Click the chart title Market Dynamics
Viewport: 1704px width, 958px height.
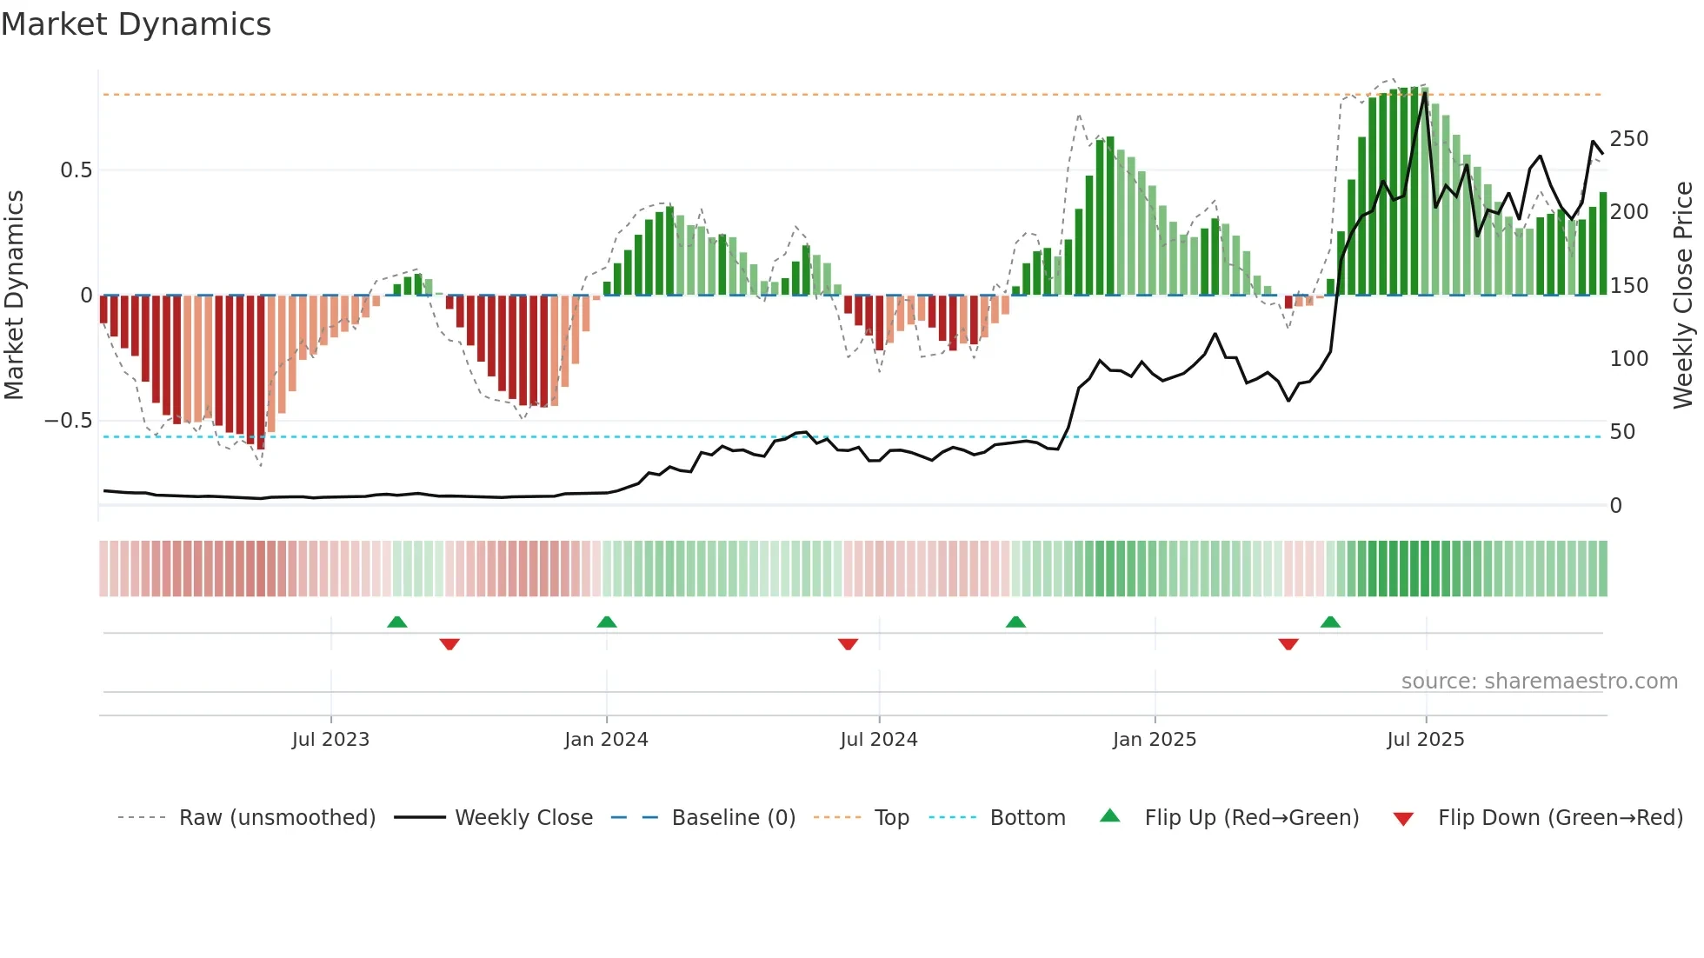tap(136, 24)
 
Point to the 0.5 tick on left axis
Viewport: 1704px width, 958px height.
tap(76, 170)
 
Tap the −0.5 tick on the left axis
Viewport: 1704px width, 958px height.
tap(69, 421)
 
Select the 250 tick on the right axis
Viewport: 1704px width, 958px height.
tap(1628, 139)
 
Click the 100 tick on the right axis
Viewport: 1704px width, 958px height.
tap(1628, 359)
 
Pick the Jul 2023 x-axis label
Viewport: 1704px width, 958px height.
tap(330, 740)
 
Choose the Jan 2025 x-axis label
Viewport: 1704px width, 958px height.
tap(1154, 740)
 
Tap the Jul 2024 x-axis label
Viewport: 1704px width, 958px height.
tap(878, 740)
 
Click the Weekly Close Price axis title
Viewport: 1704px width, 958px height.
tap(1683, 296)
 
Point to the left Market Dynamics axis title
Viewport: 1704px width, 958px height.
tap(14, 296)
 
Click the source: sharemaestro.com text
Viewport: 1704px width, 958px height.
tap(1539, 682)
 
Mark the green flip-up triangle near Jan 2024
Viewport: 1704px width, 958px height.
tap(607, 622)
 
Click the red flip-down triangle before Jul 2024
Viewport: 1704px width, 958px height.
tap(848, 644)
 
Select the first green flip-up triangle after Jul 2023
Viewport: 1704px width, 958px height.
tap(396, 622)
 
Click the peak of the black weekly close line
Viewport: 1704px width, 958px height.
tap(1424, 94)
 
